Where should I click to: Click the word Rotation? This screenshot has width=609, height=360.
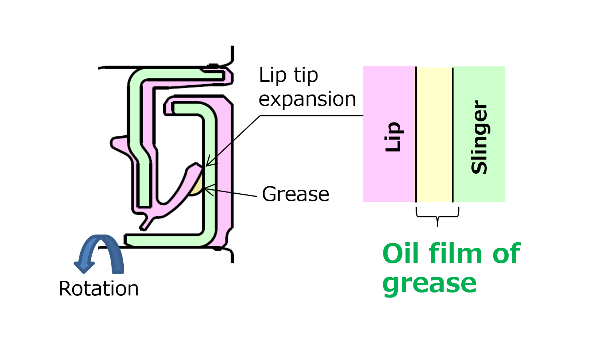click(99, 289)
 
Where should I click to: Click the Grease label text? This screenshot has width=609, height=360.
click(296, 194)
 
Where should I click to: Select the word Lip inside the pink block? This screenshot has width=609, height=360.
click(393, 137)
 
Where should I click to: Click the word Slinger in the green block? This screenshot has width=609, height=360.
click(479, 137)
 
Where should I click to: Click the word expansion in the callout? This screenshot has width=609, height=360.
click(307, 99)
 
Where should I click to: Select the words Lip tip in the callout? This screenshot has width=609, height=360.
click(288, 76)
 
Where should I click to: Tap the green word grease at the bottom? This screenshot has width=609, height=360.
click(429, 283)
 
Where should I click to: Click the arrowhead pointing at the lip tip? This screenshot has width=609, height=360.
click(208, 164)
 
